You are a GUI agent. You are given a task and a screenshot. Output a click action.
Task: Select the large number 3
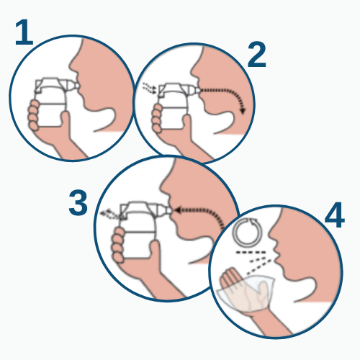click(78, 204)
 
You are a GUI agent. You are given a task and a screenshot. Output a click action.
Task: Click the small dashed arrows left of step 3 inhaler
click(109, 212)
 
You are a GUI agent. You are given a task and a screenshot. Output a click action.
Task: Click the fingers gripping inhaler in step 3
click(117, 238)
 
